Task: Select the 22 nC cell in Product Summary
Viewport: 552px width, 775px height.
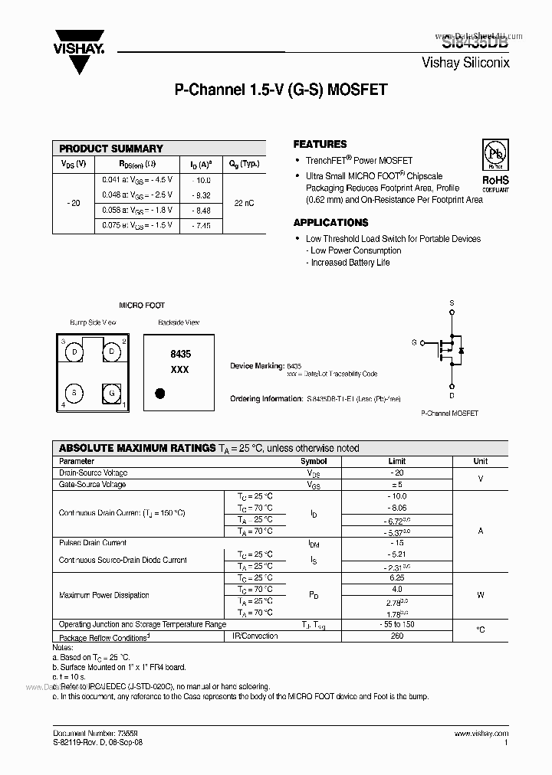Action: point(244,202)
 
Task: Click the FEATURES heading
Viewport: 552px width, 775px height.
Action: point(320,144)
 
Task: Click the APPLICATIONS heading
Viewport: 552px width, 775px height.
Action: point(330,223)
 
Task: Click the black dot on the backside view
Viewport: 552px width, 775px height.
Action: point(160,394)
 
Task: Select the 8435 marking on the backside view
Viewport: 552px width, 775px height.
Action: point(180,355)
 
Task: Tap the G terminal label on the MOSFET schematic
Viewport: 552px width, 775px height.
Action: point(414,342)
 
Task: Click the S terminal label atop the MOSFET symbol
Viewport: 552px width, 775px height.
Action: point(452,304)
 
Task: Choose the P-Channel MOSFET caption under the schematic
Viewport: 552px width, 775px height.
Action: point(449,413)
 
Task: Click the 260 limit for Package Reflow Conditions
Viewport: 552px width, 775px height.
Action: point(397,636)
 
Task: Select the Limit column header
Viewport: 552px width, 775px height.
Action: point(397,462)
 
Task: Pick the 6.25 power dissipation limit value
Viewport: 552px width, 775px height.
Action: point(397,577)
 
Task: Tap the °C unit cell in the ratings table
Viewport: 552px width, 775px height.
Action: point(480,630)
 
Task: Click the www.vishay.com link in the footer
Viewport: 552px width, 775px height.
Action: point(481,733)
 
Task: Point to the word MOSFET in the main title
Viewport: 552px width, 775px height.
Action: point(357,90)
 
